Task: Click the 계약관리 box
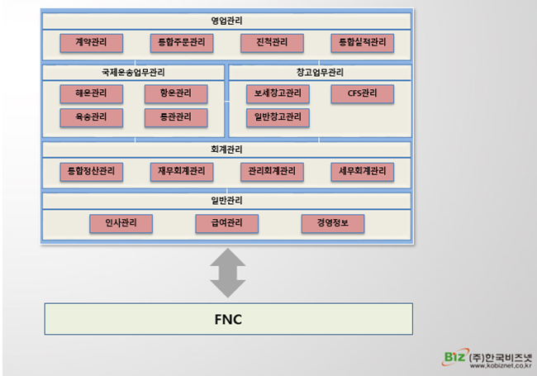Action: click(x=92, y=42)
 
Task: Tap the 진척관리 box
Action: click(x=272, y=42)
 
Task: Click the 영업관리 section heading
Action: click(x=226, y=20)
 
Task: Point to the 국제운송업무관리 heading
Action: click(x=132, y=72)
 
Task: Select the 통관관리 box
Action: click(x=174, y=117)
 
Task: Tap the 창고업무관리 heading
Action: click(x=319, y=72)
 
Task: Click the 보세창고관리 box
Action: click(x=278, y=93)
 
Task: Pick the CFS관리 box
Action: click(x=361, y=93)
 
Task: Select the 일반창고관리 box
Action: click(x=278, y=117)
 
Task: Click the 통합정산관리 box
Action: click(x=92, y=172)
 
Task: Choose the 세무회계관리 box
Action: click(x=362, y=172)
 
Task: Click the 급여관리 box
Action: click(x=226, y=223)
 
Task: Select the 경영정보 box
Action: click(x=332, y=223)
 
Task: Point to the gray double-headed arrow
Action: click(x=226, y=274)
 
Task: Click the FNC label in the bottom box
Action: click(x=227, y=319)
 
